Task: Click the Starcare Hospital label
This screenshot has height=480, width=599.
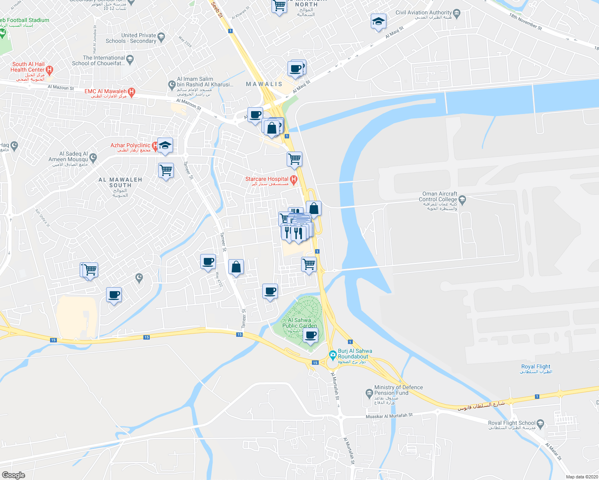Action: tap(267, 179)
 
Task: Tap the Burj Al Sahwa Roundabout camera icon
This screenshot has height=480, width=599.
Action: tap(332, 354)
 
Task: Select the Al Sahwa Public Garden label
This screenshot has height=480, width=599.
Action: tap(299, 323)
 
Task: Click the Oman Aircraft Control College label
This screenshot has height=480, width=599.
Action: tap(438, 196)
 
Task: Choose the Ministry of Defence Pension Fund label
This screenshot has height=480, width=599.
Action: tap(398, 390)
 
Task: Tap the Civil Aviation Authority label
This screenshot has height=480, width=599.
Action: tap(424, 12)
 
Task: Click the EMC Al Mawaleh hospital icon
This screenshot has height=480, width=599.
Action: tap(131, 92)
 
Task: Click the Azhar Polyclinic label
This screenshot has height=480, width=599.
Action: tap(131, 146)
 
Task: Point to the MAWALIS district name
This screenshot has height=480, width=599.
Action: tap(264, 84)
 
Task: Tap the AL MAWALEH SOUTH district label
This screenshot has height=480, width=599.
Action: tap(120, 182)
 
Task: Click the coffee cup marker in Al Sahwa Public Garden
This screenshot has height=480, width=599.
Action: tap(310, 335)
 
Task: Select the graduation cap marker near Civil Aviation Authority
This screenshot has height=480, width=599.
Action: tap(378, 22)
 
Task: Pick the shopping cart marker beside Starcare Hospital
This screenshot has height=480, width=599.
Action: tap(294, 159)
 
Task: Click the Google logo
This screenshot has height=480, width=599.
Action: tap(13, 475)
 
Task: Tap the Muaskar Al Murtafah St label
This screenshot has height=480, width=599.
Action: tap(389, 416)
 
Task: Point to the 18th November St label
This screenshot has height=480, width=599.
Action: tap(526, 22)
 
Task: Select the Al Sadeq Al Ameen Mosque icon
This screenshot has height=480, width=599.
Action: tap(93, 157)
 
